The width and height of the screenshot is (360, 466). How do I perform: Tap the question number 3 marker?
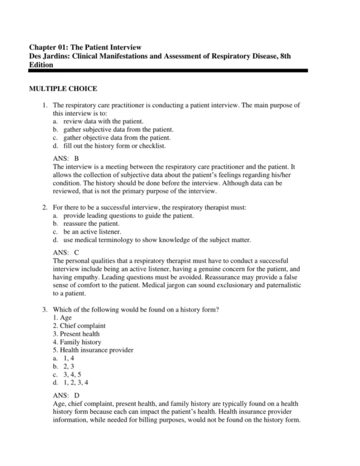click(x=44, y=309)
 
